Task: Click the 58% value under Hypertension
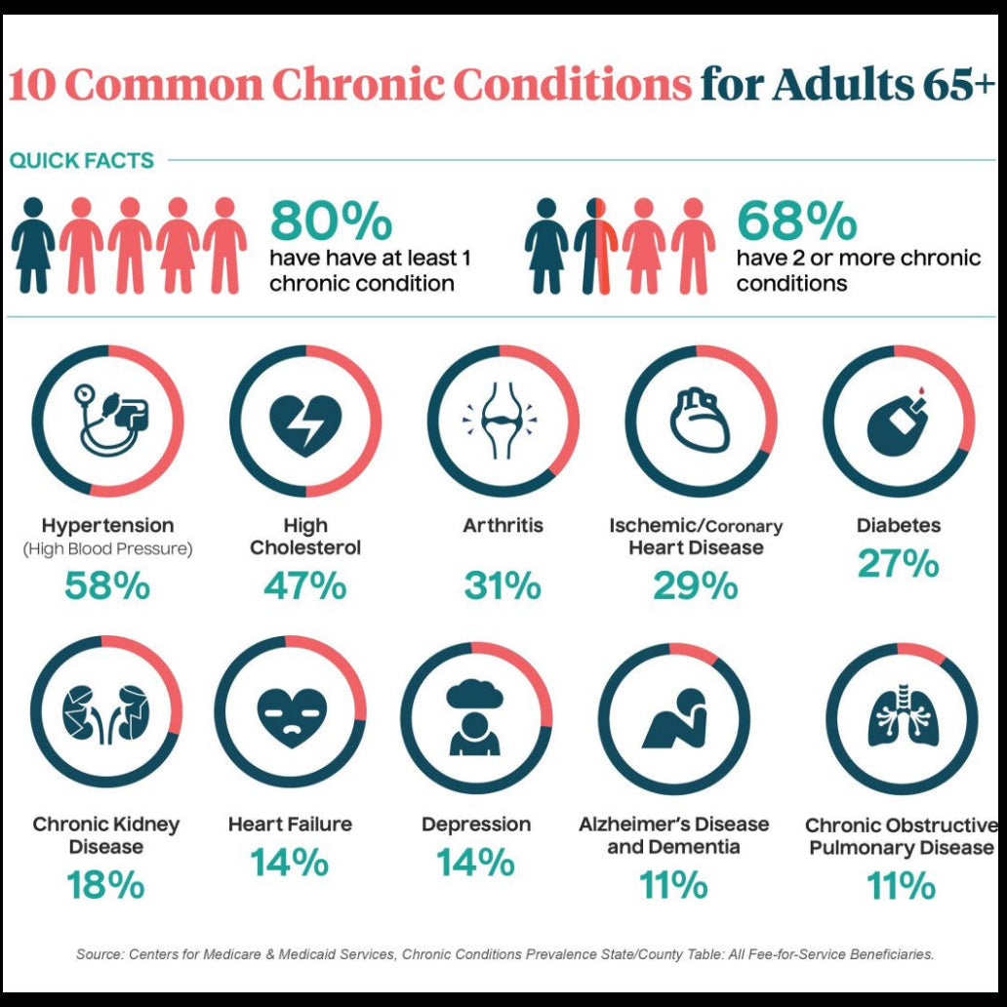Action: (107, 585)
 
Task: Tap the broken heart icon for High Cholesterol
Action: (305, 423)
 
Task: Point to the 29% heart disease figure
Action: (696, 585)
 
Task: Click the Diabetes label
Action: (899, 525)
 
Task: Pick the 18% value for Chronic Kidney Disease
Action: (105, 885)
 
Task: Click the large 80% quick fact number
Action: (331, 222)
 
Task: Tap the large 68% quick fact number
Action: (796, 222)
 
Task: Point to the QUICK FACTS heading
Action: (82, 161)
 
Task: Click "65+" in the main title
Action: (957, 86)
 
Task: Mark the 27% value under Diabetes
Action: (899, 564)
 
